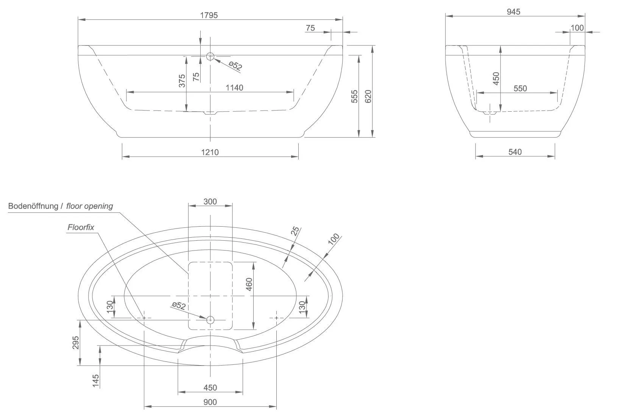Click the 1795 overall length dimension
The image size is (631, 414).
click(210, 15)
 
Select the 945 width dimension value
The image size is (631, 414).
click(513, 12)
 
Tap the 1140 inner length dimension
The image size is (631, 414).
click(234, 88)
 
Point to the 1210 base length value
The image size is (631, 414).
click(210, 152)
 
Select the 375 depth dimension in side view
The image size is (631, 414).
click(182, 81)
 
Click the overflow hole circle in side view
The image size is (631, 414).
click(210, 57)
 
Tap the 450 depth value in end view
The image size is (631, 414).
click(496, 78)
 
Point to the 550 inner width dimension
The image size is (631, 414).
click(520, 89)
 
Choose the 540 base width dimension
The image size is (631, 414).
click(515, 152)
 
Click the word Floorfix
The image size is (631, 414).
click(81, 227)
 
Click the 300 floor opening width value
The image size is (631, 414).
click(210, 202)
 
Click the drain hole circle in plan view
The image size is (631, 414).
click(210, 320)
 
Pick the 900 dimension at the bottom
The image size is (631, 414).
click(210, 402)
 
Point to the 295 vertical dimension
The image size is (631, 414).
click(76, 343)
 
